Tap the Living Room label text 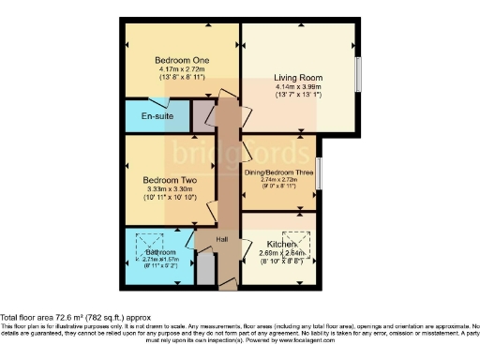(299, 78)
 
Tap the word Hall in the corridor (221, 240)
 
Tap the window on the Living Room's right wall (357, 72)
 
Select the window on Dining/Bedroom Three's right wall (319, 172)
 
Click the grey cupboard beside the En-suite (202, 115)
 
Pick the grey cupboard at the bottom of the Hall (205, 270)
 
